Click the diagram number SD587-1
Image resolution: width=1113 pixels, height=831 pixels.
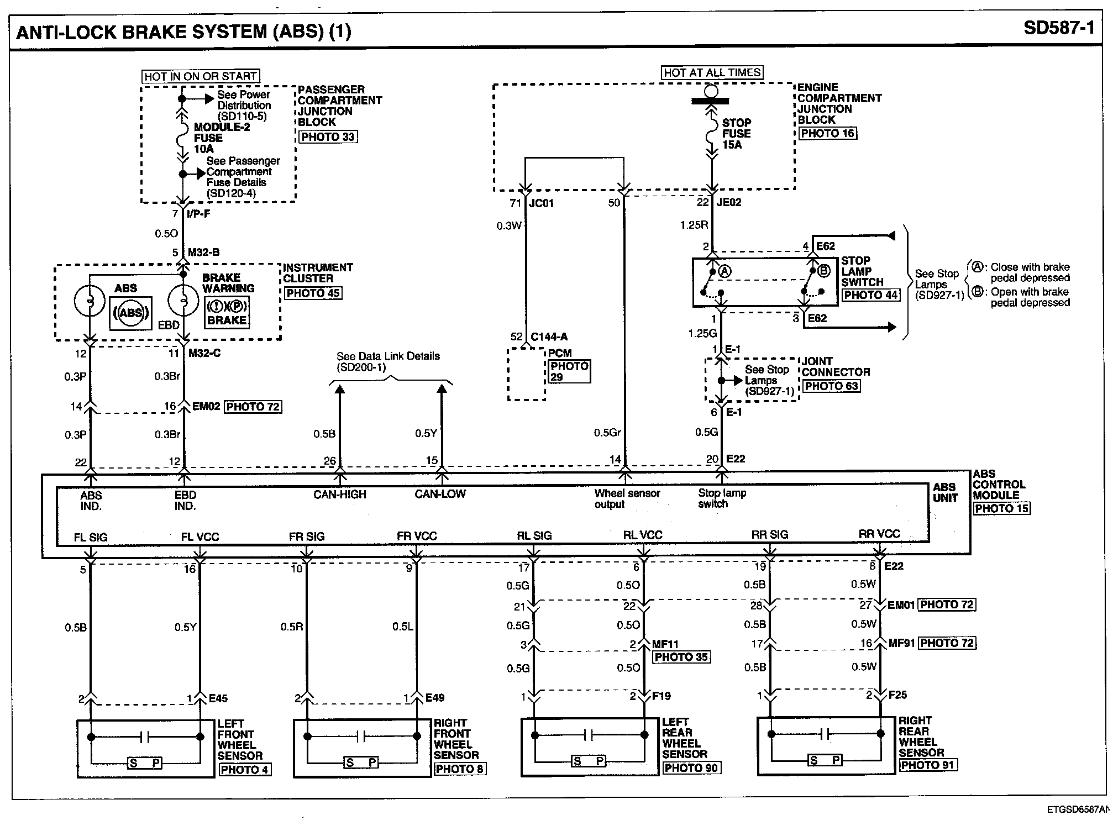click(x=1058, y=28)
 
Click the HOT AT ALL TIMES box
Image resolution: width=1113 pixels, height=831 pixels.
click(x=712, y=72)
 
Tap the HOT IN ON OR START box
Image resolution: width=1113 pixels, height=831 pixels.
click(x=201, y=76)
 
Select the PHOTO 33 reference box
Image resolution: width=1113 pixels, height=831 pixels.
click(x=328, y=136)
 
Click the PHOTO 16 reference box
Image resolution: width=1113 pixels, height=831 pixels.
click(x=828, y=133)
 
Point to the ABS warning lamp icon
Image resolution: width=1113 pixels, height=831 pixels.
click(x=130, y=313)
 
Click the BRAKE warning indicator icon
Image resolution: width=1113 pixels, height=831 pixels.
click(x=227, y=313)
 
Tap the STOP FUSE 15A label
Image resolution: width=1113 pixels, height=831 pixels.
click(x=736, y=134)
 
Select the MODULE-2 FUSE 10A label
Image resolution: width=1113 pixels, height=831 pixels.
click(x=221, y=138)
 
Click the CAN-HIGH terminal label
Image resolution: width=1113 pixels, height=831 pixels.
click(x=339, y=495)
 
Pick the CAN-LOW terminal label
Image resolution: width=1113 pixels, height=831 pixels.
click(x=440, y=494)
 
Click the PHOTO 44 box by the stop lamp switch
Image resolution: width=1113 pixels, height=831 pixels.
click(x=870, y=295)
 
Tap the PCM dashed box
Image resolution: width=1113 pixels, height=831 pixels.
click(x=526, y=374)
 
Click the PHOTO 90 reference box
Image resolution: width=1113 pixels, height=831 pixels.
click(x=691, y=768)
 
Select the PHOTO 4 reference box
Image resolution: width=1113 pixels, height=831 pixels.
click(x=245, y=769)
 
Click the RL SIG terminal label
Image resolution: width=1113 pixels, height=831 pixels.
click(x=534, y=535)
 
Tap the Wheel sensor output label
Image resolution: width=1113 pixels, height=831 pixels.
click(x=627, y=498)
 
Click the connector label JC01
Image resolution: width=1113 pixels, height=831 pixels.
click(x=541, y=203)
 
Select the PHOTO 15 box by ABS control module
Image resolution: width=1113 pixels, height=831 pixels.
click(x=1001, y=508)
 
